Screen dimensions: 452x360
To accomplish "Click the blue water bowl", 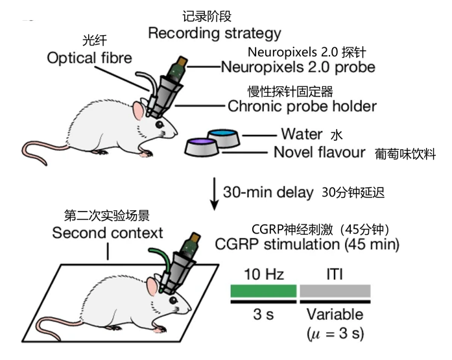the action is point(223,138).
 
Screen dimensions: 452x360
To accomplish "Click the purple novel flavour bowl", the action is point(202,147).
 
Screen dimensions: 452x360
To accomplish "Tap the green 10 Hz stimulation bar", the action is point(263,291).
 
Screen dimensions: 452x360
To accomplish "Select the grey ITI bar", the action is point(335,291).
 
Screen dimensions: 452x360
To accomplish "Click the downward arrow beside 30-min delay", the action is point(214,194).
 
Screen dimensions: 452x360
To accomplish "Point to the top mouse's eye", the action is point(160,125).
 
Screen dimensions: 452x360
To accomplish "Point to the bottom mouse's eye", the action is point(173,300).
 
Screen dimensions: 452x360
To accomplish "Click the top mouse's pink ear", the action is point(139,112).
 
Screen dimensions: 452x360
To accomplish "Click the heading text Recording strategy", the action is point(215,34).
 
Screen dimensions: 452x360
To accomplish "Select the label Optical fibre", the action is point(89,58).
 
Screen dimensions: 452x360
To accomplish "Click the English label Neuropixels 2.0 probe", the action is point(298,67).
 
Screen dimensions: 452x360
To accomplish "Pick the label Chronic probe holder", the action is point(302,106).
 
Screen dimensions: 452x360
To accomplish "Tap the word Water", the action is point(302,134).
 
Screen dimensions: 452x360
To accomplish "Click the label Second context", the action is point(108,233).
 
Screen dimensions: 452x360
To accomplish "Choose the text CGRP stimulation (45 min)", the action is point(307,245).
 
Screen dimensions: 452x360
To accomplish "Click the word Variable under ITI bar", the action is point(335,314).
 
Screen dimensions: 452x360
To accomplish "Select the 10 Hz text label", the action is point(264,274).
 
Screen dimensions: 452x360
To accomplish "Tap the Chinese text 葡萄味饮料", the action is point(405,154).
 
